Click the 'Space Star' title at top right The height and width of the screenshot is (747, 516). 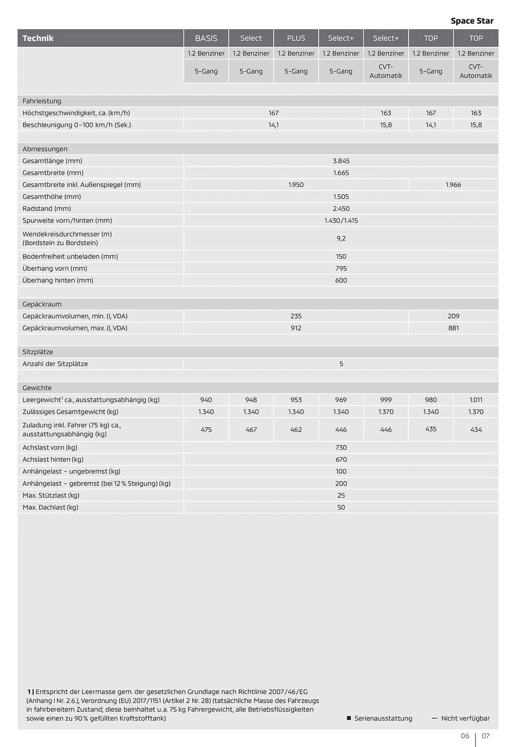tap(472, 21)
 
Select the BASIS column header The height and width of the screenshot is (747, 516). tap(206, 38)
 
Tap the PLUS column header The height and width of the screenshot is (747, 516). tap(296, 38)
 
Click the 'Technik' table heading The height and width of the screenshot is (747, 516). tap(38, 38)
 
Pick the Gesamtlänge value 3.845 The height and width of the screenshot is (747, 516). tap(341, 161)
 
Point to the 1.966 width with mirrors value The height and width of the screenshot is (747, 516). tap(453, 185)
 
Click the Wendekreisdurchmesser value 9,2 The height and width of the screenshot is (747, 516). tap(341, 238)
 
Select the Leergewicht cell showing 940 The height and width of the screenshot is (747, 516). tap(206, 400)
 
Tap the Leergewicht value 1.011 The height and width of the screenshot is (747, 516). tap(476, 400)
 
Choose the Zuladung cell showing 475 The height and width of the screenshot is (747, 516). tap(206, 430)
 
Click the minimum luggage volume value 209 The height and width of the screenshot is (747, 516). tap(453, 316)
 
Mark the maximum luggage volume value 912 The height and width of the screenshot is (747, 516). tap(296, 328)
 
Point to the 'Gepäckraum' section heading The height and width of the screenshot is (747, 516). tap(42, 304)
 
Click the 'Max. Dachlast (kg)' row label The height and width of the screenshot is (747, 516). tap(50, 507)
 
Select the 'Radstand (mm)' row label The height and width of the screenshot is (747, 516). tap(47, 209)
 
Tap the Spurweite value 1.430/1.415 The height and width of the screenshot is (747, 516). tap(341, 221)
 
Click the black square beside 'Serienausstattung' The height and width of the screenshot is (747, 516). tap(349, 718)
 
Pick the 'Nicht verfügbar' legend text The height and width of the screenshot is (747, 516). tap(465, 718)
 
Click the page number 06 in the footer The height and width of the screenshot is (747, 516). tap(465, 736)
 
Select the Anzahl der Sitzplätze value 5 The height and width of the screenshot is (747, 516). tap(341, 364)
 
